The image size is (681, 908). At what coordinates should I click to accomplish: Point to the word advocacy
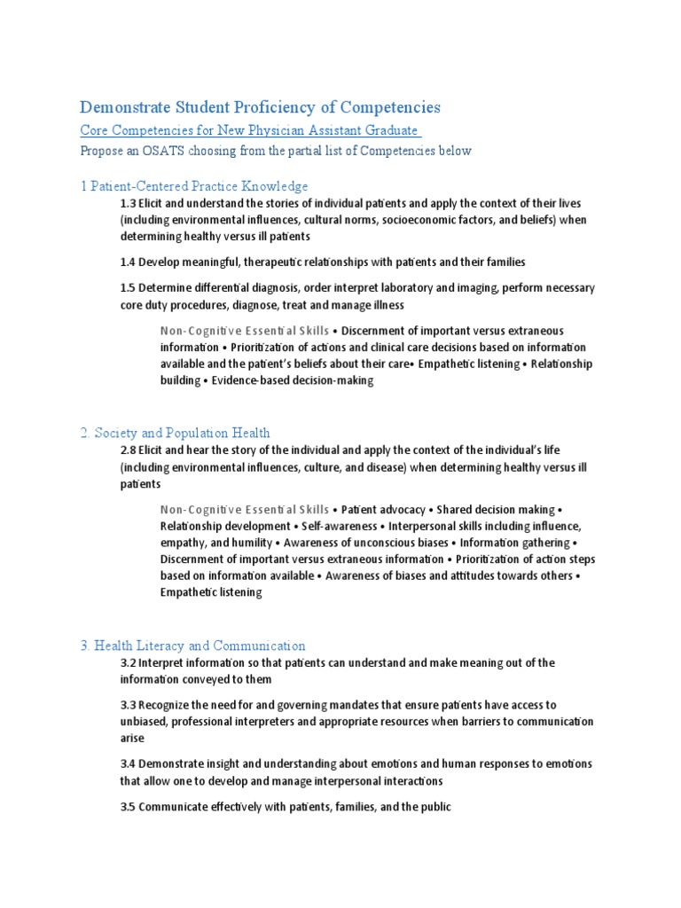400,510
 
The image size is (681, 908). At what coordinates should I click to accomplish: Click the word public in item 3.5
435,808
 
